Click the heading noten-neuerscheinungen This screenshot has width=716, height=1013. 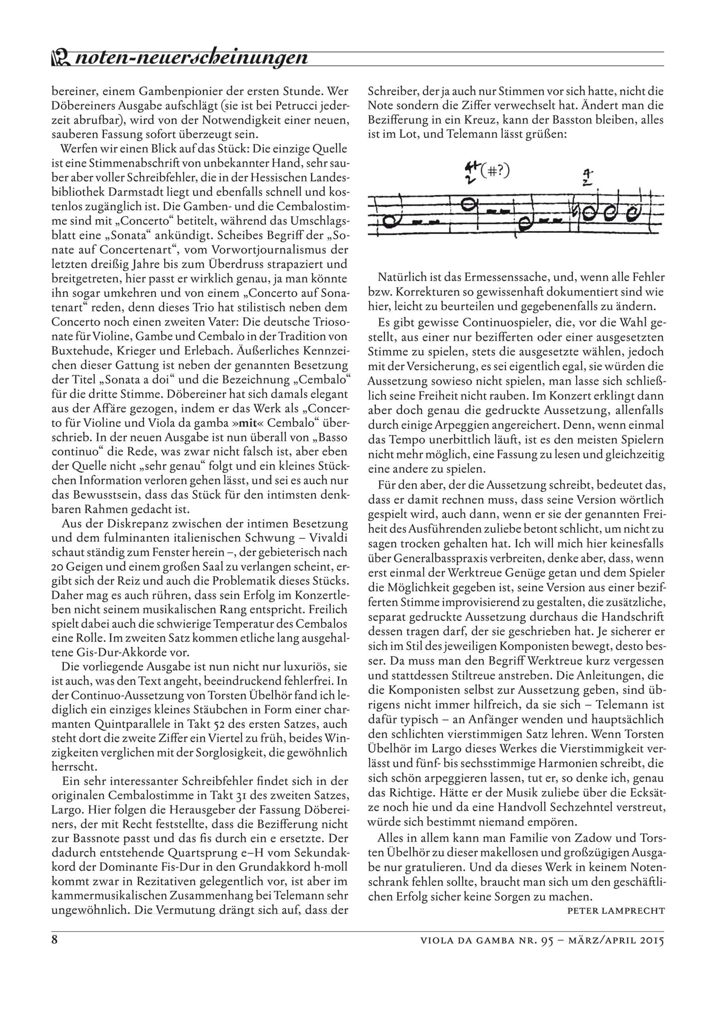click(191, 57)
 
